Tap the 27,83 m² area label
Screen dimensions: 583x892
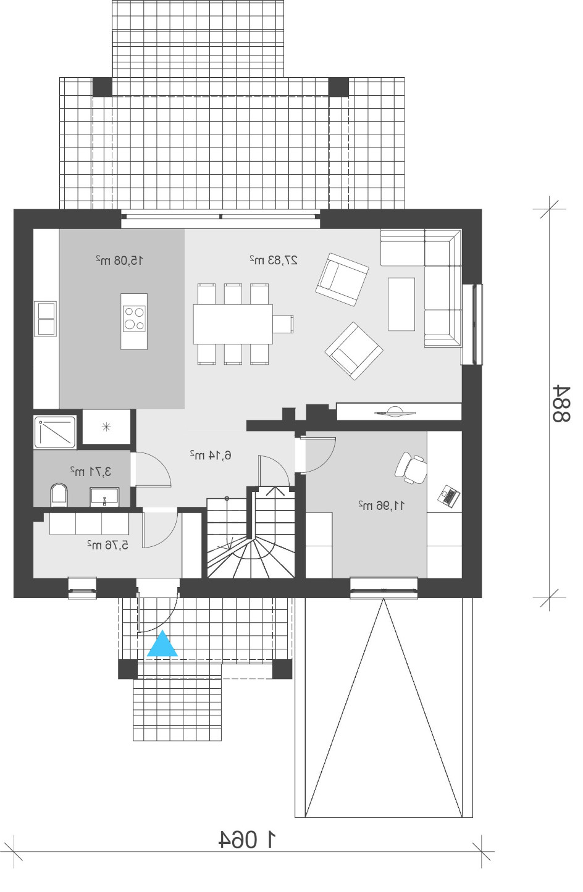coord(274,261)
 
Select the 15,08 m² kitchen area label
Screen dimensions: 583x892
coord(119,261)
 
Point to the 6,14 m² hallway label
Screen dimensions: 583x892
coord(211,455)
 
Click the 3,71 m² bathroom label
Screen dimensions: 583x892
coord(90,472)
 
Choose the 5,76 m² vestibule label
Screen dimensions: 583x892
coord(107,544)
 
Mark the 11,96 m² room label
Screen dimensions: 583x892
coord(382,506)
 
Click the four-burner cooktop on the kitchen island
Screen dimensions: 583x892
coord(134,319)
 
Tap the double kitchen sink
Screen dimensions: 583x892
coord(46,319)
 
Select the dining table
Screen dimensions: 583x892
coord(233,324)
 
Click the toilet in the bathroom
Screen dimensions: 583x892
coord(59,495)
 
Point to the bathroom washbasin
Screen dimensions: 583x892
coord(104,497)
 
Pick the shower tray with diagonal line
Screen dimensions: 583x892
coord(55,432)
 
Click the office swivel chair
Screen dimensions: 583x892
coord(411,467)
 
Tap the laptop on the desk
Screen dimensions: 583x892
coord(449,496)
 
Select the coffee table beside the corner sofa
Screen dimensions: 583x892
coord(401,304)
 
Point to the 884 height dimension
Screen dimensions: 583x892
coord(561,404)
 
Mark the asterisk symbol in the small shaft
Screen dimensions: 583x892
coord(106,427)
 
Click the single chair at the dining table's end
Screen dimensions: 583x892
coord(283,323)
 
